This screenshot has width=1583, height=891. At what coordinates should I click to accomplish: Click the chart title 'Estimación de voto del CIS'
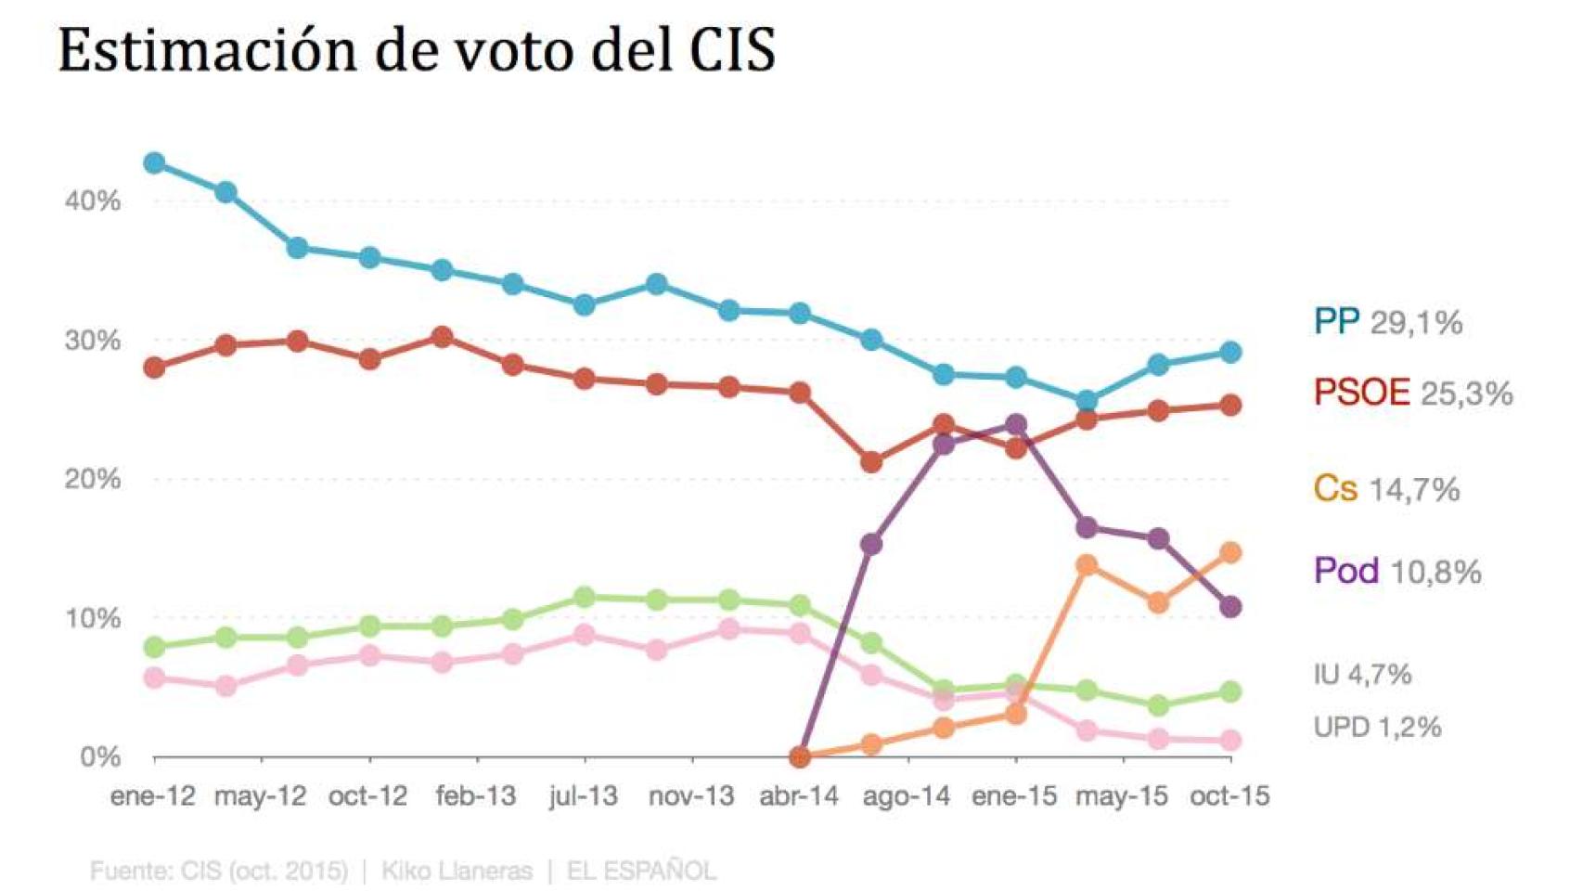417,50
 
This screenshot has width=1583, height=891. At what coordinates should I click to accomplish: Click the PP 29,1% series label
1387,322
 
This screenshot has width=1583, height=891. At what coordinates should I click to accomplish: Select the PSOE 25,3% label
1412,393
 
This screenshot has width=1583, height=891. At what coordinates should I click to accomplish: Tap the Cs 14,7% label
1385,488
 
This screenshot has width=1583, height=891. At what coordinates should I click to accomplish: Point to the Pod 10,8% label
1396,571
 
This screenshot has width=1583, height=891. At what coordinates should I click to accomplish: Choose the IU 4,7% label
1361,674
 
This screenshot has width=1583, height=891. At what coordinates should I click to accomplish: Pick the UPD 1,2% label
1376,727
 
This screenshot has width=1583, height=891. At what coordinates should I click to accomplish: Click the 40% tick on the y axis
92,201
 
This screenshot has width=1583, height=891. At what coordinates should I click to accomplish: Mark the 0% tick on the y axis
99,757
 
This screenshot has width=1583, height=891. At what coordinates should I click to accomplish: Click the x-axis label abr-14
798,796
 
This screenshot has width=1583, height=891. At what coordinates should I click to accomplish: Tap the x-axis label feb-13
475,796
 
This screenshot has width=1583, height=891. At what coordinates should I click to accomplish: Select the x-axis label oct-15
1229,796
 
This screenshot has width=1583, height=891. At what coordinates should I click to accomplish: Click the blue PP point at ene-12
154,163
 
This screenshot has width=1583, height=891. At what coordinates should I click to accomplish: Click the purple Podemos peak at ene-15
1016,425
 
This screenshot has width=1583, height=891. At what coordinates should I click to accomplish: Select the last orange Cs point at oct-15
1230,553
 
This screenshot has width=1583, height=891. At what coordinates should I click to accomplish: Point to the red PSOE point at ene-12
154,368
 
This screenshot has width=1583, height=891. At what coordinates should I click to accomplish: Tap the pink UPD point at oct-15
1230,741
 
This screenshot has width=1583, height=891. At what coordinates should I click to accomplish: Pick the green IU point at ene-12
154,647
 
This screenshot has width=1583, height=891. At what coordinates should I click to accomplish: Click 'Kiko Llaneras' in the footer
457,872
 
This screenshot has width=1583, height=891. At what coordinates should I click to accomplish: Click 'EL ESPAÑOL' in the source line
641,872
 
